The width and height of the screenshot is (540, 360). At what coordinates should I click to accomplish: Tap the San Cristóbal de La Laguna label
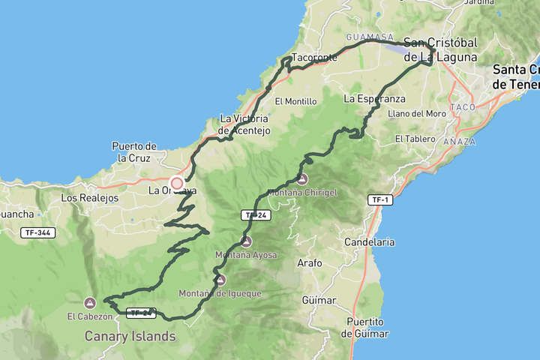point(440,49)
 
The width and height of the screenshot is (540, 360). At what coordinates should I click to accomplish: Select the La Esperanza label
point(374,98)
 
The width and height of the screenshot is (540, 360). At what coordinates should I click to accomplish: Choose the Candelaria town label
point(369,242)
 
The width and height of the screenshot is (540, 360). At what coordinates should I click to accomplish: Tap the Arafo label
point(309,263)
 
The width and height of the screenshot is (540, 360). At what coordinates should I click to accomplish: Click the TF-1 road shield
point(381,199)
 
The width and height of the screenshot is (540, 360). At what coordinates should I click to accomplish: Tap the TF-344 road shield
point(37,232)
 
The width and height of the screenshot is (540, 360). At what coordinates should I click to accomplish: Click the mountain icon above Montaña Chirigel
point(301,179)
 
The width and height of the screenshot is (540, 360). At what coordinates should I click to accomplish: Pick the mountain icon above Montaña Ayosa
point(246,241)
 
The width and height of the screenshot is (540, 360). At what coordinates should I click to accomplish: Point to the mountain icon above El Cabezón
point(90,303)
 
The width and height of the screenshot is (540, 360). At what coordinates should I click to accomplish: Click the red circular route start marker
point(177,183)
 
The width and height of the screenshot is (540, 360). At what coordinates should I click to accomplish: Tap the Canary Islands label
point(130,336)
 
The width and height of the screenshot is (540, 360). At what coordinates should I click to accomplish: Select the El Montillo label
point(295,101)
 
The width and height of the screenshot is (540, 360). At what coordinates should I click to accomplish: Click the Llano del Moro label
point(418,114)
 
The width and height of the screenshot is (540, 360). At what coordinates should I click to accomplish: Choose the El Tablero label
point(415,139)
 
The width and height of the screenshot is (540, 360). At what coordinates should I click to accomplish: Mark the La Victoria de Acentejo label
point(244,124)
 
